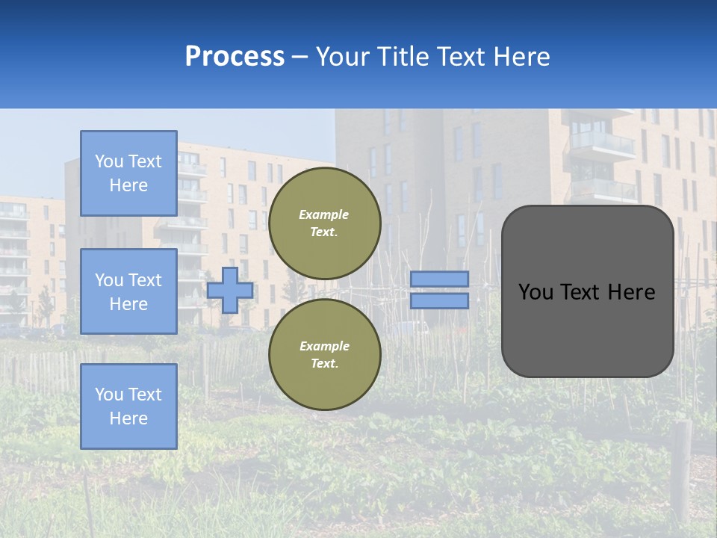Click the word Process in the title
click(235, 57)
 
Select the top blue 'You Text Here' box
click(128, 173)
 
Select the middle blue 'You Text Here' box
click(128, 291)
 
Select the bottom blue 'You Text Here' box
click(128, 406)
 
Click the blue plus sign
click(229, 290)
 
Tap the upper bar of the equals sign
click(439, 279)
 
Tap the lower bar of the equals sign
click(439, 301)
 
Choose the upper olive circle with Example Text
click(324, 223)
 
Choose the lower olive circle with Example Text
click(324, 355)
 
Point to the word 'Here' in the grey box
click(631, 292)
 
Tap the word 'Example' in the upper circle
click(323, 214)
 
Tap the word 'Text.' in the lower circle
click(324, 364)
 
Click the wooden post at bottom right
click(683, 471)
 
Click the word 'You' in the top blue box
click(109, 161)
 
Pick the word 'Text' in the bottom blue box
click(145, 395)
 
